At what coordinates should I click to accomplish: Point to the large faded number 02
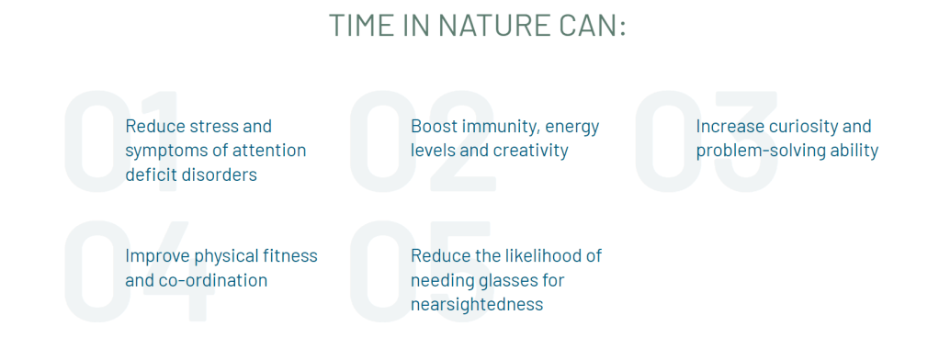(x=423, y=141)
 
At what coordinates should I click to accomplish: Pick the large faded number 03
(x=706, y=141)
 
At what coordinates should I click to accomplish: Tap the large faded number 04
(x=138, y=271)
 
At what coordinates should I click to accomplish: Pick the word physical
(x=227, y=256)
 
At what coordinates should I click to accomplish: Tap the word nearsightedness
(x=477, y=304)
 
